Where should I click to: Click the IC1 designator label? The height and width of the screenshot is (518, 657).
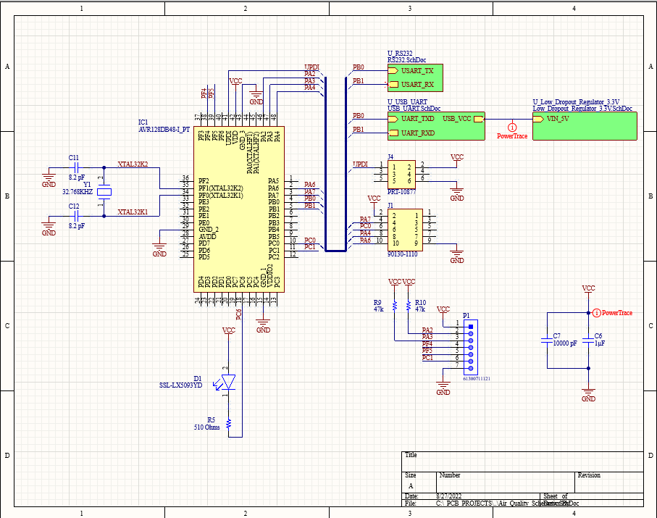(x=143, y=122)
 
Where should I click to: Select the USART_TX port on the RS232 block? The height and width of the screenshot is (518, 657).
(x=417, y=71)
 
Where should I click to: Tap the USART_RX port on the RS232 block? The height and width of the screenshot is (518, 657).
(x=417, y=84)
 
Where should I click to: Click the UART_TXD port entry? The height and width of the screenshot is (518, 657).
(x=417, y=118)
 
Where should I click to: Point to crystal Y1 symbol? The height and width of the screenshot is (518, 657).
(x=105, y=192)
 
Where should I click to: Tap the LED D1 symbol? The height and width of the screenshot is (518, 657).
(x=229, y=380)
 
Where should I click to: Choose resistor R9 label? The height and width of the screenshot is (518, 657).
(x=377, y=302)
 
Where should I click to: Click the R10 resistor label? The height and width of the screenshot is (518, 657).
(x=420, y=302)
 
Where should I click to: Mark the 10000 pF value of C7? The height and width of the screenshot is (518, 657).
(x=565, y=343)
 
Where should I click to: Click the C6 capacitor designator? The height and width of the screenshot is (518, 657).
(x=598, y=336)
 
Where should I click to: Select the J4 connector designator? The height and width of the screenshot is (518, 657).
(x=390, y=156)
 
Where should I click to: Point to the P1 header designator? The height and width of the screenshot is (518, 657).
(x=466, y=316)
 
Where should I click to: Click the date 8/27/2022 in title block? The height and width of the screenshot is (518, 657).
(x=449, y=496)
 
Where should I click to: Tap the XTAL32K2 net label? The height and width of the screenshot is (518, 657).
(x=133, y=164)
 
